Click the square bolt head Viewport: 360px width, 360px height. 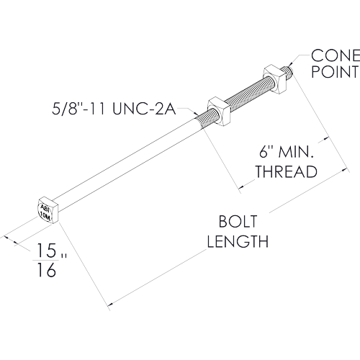click(48, 210)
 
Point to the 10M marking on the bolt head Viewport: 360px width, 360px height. click(45, 216)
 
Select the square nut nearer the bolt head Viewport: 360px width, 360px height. click(219, 112)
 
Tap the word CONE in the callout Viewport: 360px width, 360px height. click(336, 55)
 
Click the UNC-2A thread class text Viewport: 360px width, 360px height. click(144, 109)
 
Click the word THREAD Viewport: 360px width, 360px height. click(286, 171)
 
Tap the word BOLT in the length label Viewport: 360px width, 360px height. click(238, 221)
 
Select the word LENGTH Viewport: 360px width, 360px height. click(238, 241)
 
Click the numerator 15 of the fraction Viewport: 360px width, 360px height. click(46, 251)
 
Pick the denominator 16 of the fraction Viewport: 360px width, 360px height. click(47, 270)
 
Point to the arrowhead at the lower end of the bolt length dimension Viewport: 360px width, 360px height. click(110, 305)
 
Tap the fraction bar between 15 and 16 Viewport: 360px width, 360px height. click(45, 260)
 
